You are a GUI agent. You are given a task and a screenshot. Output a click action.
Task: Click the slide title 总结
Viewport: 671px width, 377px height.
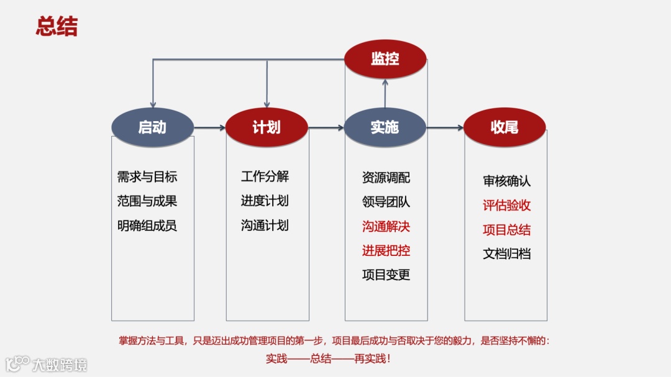[57, 27]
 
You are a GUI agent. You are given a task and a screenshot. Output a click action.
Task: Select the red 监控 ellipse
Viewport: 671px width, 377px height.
[385, 59]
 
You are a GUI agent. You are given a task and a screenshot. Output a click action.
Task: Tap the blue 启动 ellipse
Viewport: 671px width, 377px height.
[152, 127]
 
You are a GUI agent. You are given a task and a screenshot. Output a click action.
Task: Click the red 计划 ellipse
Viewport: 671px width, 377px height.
[267, 127]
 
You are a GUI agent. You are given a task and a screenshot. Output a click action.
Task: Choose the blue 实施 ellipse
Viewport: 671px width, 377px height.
[385, 127]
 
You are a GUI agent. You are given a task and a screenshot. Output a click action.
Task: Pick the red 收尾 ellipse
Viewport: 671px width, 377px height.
[504, 127]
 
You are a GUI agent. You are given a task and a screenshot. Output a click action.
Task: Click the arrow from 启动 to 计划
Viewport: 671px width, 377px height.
[210, 128]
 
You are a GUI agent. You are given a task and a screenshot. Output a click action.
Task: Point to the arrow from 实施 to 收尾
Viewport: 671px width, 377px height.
[445, 128]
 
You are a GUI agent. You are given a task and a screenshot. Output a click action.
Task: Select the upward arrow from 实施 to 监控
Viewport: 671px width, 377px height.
[385, 93]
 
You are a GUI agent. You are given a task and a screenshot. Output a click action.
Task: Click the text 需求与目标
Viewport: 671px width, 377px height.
[147, 177]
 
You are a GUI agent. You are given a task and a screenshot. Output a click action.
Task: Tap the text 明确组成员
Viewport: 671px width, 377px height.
[147, 225]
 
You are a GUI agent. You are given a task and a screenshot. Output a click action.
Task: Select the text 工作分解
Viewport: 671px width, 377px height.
[265, 176]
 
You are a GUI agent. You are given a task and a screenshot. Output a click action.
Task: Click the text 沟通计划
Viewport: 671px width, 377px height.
[265, 225]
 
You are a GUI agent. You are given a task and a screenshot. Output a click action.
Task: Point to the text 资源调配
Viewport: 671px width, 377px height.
[386, 178]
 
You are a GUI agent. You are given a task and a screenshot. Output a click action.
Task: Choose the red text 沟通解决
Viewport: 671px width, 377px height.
[386, 226]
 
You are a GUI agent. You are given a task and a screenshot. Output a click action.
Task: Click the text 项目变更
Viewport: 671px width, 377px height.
[386, 275]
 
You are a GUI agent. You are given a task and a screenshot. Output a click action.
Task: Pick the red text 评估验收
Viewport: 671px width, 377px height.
[507, 206]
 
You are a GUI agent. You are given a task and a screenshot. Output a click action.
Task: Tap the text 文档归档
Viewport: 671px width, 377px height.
[507, 253]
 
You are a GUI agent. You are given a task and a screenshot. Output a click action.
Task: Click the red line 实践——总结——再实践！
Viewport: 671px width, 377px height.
[329, 358]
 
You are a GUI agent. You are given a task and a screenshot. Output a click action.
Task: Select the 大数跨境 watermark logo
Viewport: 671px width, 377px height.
[47, 363]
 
